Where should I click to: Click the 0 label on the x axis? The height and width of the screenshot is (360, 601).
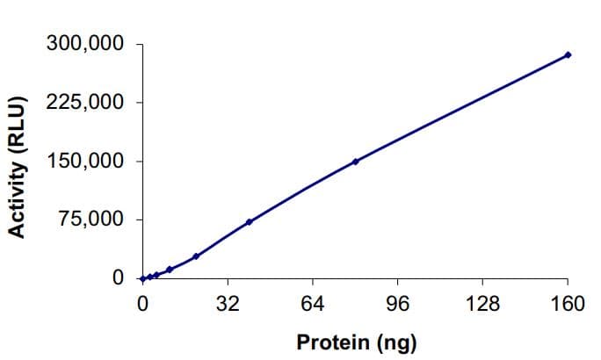coord(142,304)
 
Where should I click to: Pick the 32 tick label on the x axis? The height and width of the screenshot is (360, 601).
coord(228,304)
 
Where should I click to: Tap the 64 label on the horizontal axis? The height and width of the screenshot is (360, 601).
coord(313,304)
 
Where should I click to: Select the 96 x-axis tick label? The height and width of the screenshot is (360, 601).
coord(398,304)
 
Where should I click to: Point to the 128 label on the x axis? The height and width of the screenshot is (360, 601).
coord(483,304)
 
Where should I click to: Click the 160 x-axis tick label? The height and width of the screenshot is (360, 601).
coord(568,304)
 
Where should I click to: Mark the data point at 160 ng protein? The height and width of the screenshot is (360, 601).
coord(568,54)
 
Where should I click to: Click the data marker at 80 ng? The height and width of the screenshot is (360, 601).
coord(355,162)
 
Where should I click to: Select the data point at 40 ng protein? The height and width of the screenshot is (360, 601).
coord(249,222)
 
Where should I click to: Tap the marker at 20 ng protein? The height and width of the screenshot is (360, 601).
coord(196,256)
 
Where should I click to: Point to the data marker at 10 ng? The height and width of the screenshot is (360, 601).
coord(169,270)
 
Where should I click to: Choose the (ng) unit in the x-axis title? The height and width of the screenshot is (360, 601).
coord(395,342)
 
